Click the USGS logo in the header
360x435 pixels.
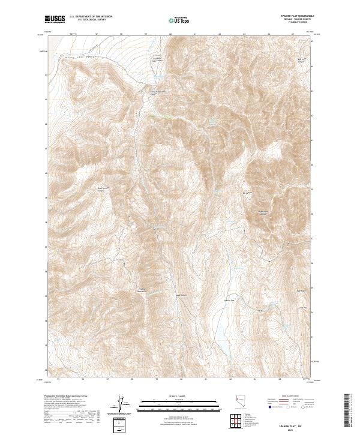(x=55, y=20)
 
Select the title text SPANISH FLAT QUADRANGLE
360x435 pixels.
(x=296, y=16)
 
